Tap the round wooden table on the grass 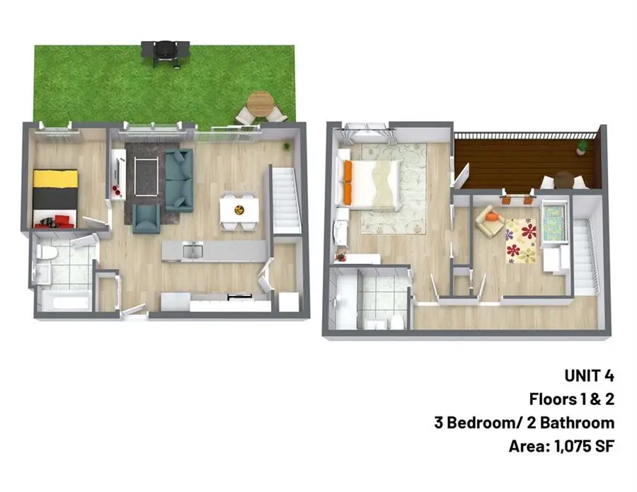pyautogui.click(x=260, y=104)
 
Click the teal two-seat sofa pyautogui.click(x=180, y=181)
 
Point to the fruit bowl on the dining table pyautogui.click(x=239, y=209)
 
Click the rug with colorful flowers pyautogui.click(x=522, y=240)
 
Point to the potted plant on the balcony pyautogui.click(x=582, y=147)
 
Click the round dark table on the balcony pyautogui.click(x=563, y=179)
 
